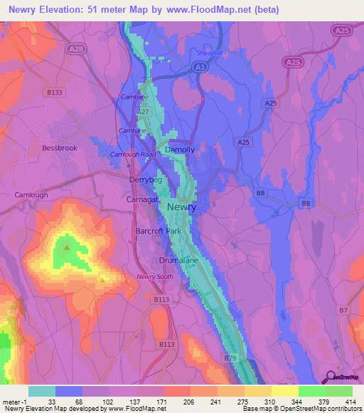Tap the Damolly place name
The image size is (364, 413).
point(179,150)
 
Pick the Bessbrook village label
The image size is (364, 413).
point(59,148)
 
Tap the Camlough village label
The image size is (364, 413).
point(31,194)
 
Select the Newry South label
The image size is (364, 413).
point(155,277)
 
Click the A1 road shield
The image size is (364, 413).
point(201,67)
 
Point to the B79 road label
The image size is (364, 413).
point(230,358)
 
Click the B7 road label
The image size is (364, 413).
point(343,311)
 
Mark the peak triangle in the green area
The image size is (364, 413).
point(67,248)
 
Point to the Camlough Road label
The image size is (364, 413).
point(133,154)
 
